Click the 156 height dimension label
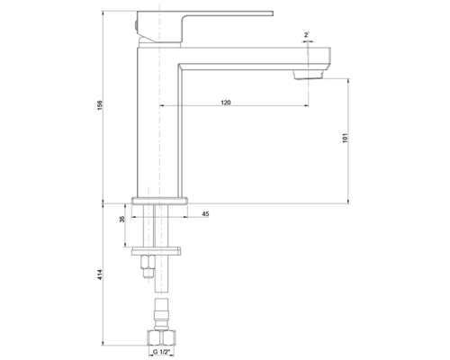[100, 105]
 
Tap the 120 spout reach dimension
[226, 103]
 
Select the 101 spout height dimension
[345, 138]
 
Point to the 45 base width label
[205, 214]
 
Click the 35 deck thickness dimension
[121, 220]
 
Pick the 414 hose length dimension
[100, 275]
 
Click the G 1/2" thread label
[161, 352]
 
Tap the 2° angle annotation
[307, 35]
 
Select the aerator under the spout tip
[308, 75]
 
